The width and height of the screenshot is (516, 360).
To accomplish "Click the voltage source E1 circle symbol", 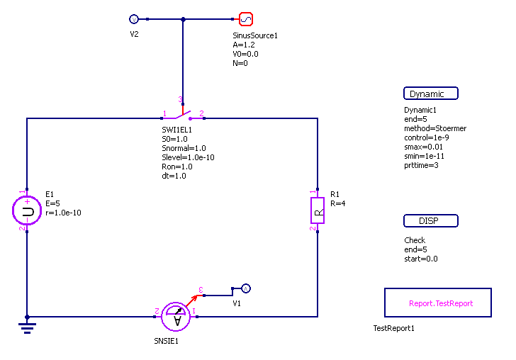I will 27,211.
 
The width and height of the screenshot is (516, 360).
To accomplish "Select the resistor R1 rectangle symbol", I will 317,210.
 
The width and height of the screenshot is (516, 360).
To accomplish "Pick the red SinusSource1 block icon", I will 246,19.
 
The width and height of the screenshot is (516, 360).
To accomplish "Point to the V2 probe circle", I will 134,19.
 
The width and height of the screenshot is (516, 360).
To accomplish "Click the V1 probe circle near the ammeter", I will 245,288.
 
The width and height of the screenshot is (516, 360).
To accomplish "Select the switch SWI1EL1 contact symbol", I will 183,114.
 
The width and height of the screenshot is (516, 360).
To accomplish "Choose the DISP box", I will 431,220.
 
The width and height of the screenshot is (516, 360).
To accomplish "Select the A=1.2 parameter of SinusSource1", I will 244,45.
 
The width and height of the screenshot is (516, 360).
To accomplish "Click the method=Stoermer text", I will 435,128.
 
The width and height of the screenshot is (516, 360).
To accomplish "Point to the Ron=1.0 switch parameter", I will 174,167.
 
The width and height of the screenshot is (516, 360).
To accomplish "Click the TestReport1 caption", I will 393,329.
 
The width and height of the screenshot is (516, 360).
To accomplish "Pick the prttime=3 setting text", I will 422,165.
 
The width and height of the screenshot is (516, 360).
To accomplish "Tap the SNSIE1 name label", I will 167,341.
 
